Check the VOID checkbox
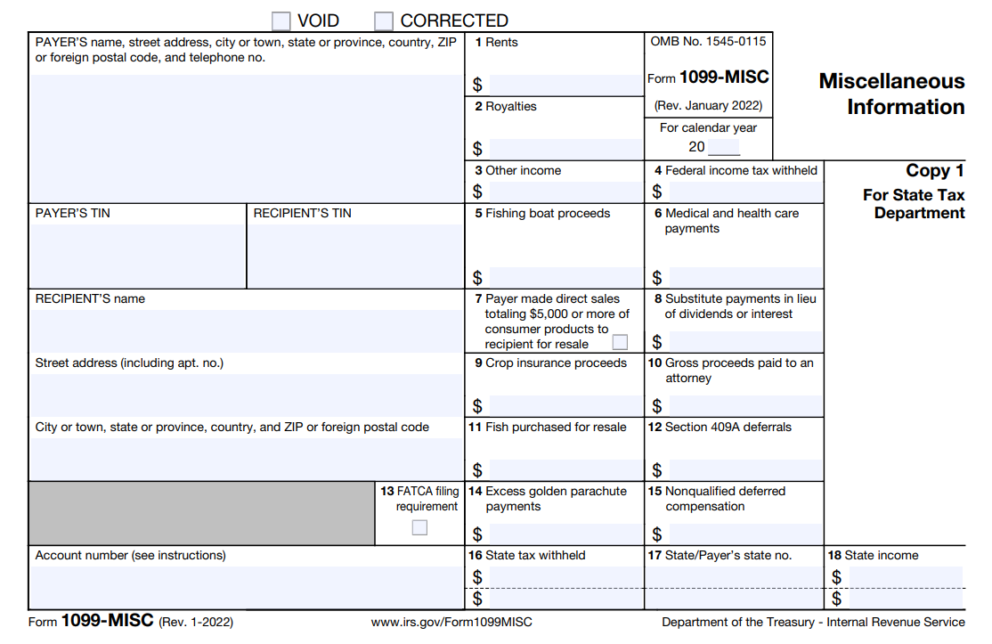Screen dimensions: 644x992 pyautogui.click(x=281, y=20)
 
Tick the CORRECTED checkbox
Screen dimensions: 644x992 pyautogui.click(x=384, y=20)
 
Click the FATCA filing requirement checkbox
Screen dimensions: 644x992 pyautogui.click(x=419, y=527)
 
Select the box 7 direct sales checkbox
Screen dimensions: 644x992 pyautogui.click(x=620, y=342)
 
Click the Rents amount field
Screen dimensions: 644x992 pyautogui.click(x=565, y=85)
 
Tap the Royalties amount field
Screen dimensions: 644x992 pyautogui.click(x=565, y=149)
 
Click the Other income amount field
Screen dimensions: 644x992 pyautogui.click(x=565, y=192)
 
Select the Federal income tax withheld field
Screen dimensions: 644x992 pyautogui.click(x=745, y=192)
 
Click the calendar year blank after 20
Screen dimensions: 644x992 pyautogui.click(x=724, y=148)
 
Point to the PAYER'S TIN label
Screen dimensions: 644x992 pyautogui.click(x=73, y=214)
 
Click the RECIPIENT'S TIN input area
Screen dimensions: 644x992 pyautogui.click(x=355, y=255)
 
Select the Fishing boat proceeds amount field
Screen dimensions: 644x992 pyautogui.click(x=565, y=277)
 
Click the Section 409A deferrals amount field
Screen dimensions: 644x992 pyautogui.click(x=745, y=469)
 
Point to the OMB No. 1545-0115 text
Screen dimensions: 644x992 pyautogui.click(x=708, y=42)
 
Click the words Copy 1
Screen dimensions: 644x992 pyautogui.click(x=935, y=171)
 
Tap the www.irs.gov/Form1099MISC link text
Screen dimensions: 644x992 pyautogui.click(x=451, y=622)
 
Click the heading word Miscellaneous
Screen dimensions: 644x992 pyautogui.click(x=891, y=81)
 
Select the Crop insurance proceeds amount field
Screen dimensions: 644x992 pyautogui.click(x=565, y=405)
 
